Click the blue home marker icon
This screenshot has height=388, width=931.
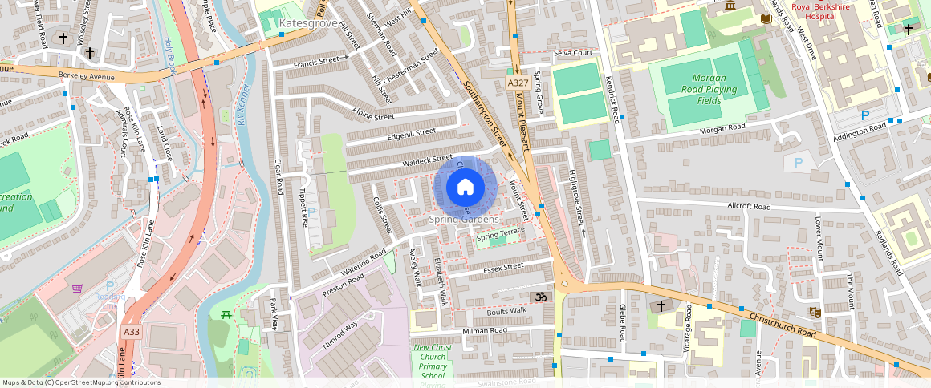465,187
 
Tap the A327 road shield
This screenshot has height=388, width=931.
518,83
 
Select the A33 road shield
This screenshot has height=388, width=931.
132,330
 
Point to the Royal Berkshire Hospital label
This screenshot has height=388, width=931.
831,10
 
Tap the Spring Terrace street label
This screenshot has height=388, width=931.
501,234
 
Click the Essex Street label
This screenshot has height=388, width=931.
503,266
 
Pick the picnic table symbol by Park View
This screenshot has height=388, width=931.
227,314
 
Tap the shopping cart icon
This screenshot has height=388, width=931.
78,289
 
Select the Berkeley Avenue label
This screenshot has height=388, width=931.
87,77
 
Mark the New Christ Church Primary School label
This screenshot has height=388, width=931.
433,362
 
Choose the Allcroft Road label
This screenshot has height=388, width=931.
748,207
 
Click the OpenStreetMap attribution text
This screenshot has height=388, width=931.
81,382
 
